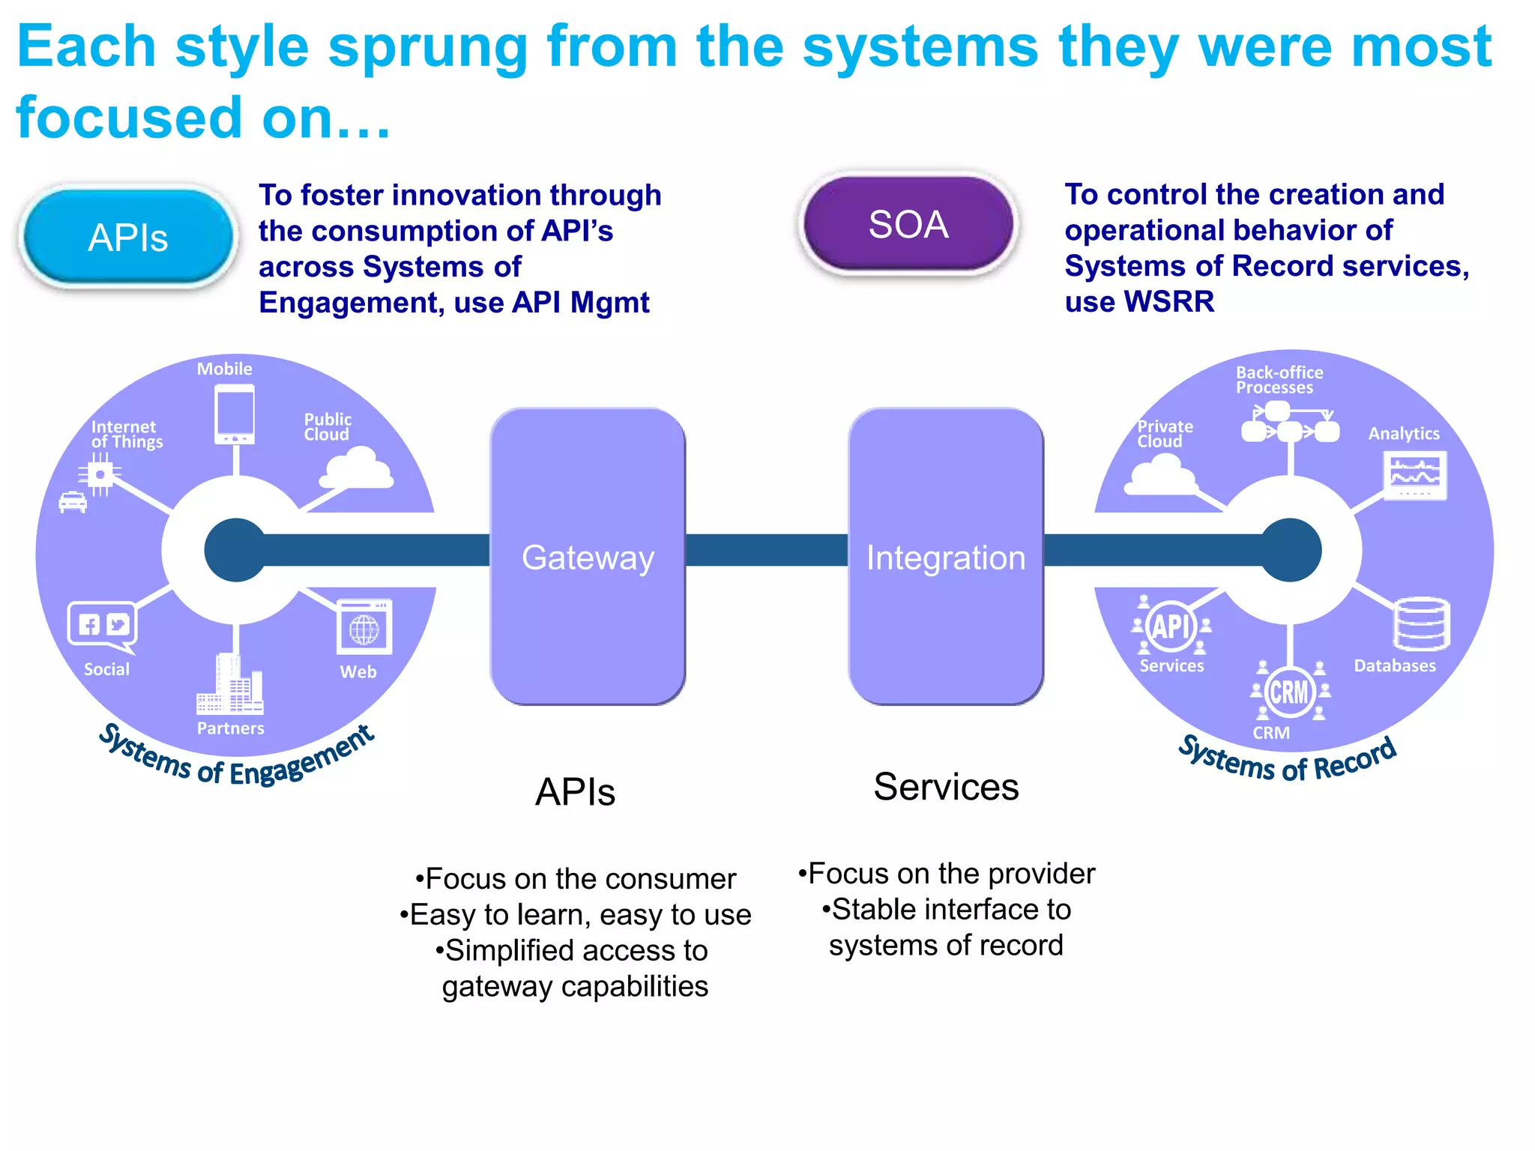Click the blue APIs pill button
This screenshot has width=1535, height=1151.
click(x=128, y=237)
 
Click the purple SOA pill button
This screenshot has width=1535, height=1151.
click(x=908, y=224)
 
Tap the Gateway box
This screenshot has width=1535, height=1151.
click(x=588, y=557)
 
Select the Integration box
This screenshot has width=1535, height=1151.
click(x=946, y=557)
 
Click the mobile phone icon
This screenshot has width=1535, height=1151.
click(x=235, y=414)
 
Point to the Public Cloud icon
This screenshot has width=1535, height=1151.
click(x=358, y=468)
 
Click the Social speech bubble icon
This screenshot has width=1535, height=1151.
click(x=103, y=625)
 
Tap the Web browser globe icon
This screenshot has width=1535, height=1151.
click(x=364, y=627)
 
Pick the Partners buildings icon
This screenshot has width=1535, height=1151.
click(x=229, y=685)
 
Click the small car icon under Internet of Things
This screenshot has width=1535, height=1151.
click(x=73, y=501)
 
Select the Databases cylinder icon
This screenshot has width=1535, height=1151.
click(x=1421, y=623)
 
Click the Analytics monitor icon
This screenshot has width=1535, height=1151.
click(x=1414, y=475)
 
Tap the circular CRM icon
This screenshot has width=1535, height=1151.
click(x=1289, y=692)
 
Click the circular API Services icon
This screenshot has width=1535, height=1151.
click(x=1171, y=626)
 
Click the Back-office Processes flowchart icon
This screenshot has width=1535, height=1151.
click(x=1290, y=423)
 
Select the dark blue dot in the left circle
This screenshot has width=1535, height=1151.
click(x=235, y=550)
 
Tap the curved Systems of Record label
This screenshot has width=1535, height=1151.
click(x=1287, y=759)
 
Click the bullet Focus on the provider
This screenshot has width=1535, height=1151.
click(x=947, y=874)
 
